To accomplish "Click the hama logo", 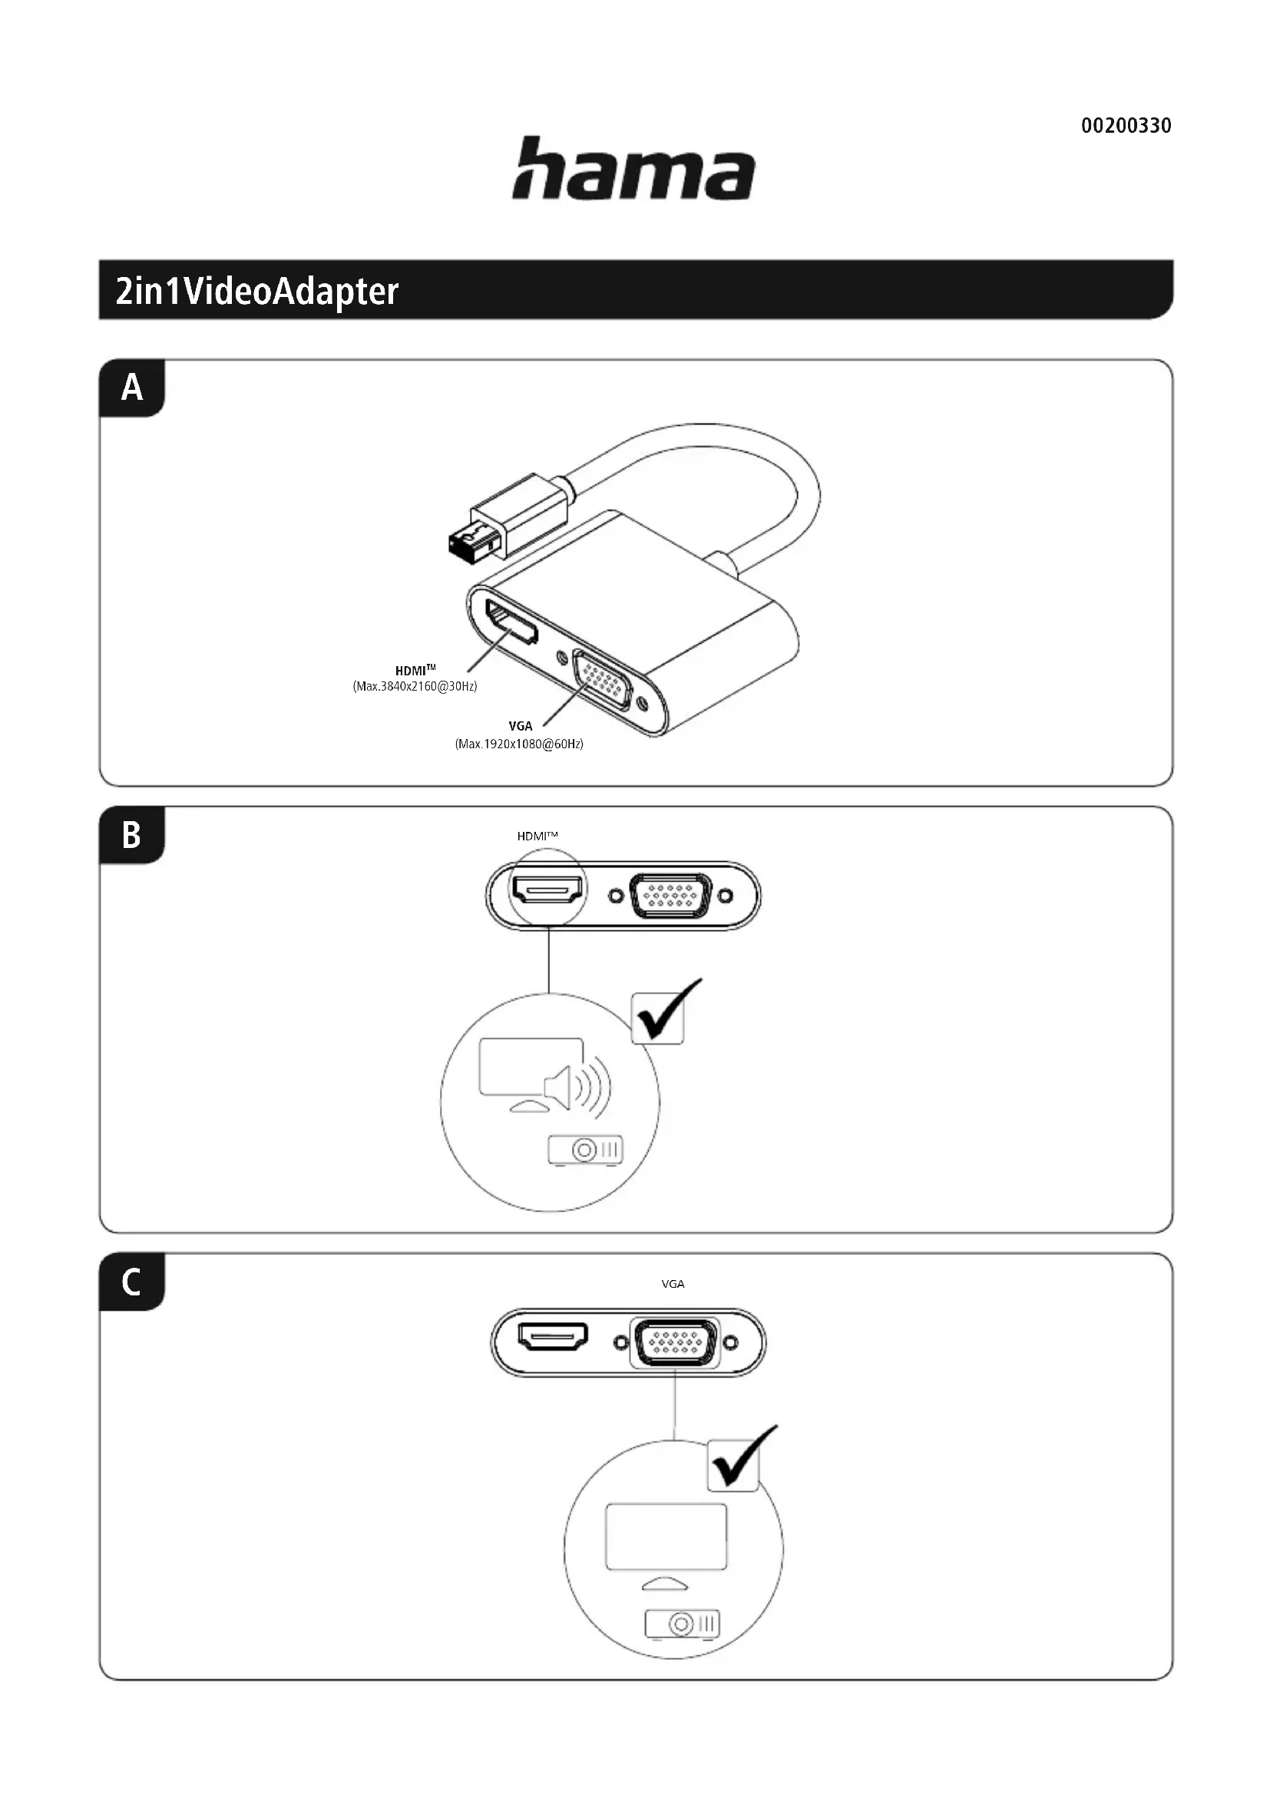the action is click(x=633, y=169).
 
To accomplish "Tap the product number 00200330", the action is click(x=1126, y=126).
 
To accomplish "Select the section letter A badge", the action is click(x=132, y=388).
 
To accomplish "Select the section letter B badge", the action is click(x=131, y=835).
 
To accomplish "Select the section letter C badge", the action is click(x=131, y=1282).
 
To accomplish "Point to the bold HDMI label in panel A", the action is click(x=414, y=670).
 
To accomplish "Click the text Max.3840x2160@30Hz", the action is click(x=415, y=686).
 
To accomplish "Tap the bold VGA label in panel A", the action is click(x=520, y=726).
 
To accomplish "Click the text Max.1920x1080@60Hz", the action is click(x=519, y=744).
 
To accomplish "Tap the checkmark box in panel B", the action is click(x=659, y=1018).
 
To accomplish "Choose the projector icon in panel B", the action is click(x=585, y=1150).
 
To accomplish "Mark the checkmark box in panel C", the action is click(x=734, y=1464).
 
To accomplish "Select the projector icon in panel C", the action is click(x=681, y=1625).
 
